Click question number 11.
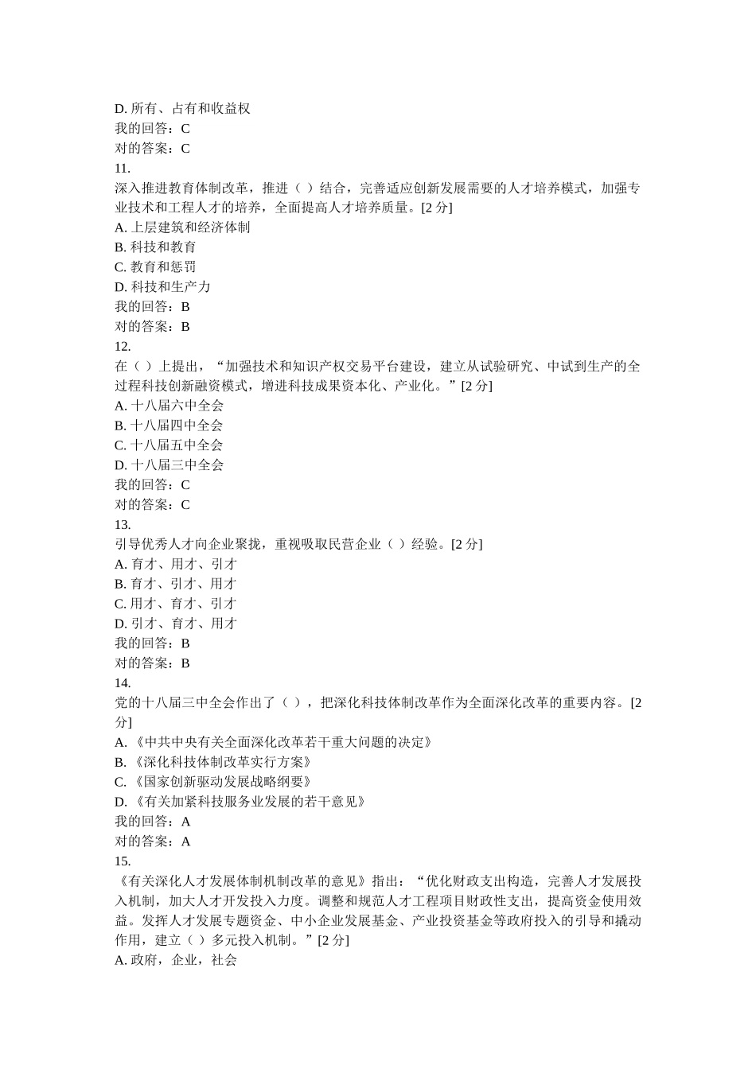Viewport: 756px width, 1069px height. coord(123,168)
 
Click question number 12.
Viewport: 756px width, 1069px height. coord(123,346)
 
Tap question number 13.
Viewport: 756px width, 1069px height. coord(123,524)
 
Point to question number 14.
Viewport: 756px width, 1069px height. coord(123,682)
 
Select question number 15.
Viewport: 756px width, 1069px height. coord(123,861)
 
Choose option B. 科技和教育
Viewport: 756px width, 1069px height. coord(155,247)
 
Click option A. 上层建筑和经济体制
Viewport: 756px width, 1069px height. coord(182,227)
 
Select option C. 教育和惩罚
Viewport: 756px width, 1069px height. coord(155,267)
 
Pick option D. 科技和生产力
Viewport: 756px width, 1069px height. coord(162,287)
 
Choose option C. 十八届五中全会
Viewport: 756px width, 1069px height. coord(169,445)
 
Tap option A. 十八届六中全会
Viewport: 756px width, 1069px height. coord(169,406)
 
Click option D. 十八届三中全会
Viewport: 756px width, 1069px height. coord(169,465)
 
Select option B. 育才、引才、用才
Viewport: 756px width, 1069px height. coord(176,584)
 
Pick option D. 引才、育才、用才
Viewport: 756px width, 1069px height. coord(176,624)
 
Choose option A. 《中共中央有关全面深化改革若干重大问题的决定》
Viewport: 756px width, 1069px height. coord(274,742)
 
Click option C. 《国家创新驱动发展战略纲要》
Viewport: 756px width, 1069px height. coord(213,782)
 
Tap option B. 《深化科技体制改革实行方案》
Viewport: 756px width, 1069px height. coord(213,762)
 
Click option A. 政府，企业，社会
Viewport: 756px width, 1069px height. coord(176,960)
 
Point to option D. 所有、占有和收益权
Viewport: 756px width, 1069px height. coord(182,109)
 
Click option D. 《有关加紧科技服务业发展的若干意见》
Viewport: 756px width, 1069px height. coord(240,802)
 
